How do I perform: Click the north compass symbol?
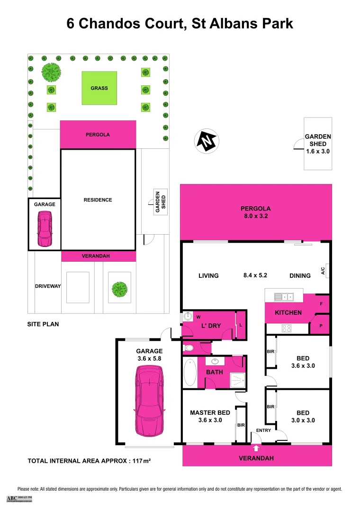(x=207, y=140)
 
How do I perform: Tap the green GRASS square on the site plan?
(x=99, y=88)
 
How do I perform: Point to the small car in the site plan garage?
(x=45, y=229)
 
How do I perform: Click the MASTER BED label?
(x=209, y=412)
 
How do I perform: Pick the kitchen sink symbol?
(x=284, y=297)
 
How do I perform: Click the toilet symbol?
(x=189, y=348)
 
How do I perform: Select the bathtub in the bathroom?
(x=190, y=372)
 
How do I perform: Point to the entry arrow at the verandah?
(x=256, y=447)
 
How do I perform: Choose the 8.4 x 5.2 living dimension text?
(x=255, y=275)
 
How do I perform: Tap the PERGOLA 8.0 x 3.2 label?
(x=255, y=212)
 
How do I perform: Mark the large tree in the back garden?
(x=51, y=73)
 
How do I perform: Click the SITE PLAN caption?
(x=43, y=325)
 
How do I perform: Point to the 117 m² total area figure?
(x=142, y=460)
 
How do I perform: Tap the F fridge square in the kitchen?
(x=321, y=303)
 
